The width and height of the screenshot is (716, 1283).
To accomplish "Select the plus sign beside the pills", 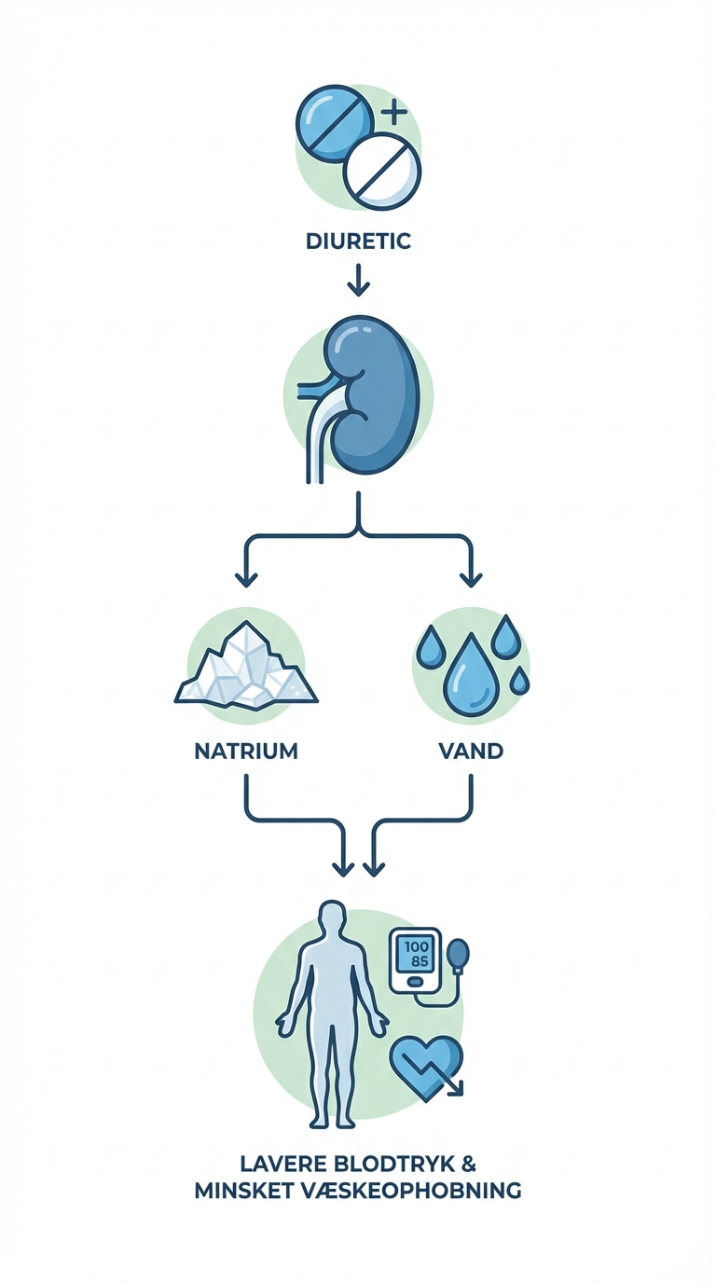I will (394, 114).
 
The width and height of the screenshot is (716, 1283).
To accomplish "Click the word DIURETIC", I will (358, 241).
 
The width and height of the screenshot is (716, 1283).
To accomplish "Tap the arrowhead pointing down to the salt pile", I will (246, 578).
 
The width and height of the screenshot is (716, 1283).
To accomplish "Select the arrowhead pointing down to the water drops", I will (471, 578).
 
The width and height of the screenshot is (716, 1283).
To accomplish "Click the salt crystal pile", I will (246, 667).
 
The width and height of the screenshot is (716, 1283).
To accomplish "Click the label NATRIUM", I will (246, 751).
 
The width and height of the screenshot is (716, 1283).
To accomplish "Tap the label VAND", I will (471, 751).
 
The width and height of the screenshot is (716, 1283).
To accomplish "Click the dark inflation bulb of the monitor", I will (459, 954).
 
